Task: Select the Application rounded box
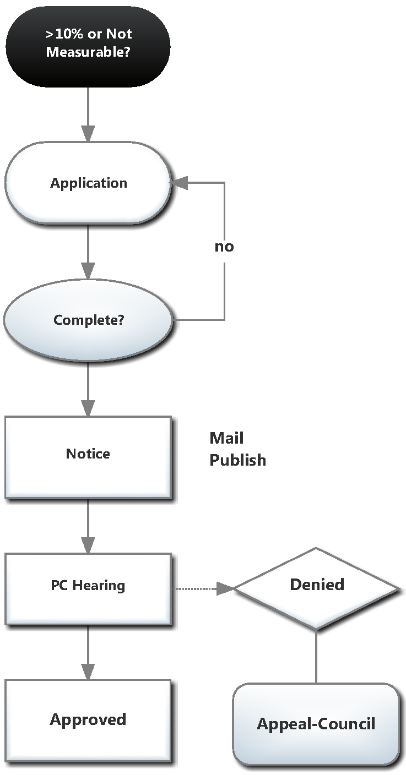[88, 183]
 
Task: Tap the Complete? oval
[88, 319]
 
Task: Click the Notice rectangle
[88, 456]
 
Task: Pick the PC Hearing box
[88, 588]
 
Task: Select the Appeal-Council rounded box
[316, 724]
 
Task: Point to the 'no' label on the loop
[224, 247]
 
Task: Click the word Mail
[226, 438]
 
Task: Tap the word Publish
[237, 460]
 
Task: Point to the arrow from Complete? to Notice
[88, 387]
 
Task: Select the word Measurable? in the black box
[89, 53]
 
